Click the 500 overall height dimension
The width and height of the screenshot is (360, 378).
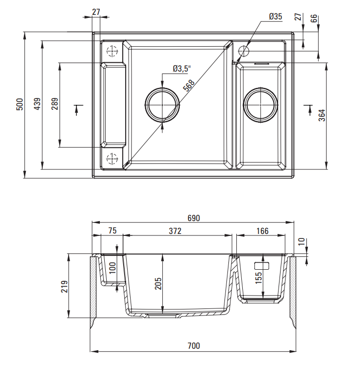tap(20, 104)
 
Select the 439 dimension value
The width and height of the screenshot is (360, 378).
tap(37, 104)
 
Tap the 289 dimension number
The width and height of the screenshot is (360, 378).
tap(55, 104)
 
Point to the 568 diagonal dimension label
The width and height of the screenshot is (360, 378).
tap(189, 85)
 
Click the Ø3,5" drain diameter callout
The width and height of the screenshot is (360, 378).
tap(182, 69)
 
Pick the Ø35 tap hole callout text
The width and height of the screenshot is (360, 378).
tap(276, 16)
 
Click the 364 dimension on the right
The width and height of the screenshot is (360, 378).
tap(322, 115)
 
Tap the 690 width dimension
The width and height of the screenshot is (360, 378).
tap(194, 218)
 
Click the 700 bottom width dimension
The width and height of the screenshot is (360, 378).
tap(194, 346)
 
